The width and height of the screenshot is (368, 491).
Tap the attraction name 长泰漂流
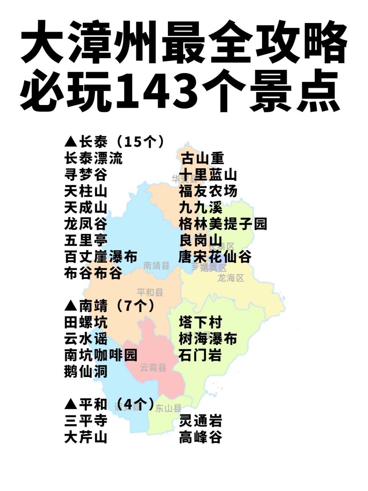tap(94, 158)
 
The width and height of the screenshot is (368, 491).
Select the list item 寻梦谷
tap(86, 175)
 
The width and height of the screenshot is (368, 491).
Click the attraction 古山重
tap(202, 158)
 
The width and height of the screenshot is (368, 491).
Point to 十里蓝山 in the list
tap(208, 175)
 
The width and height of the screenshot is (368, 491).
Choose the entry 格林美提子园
tap(223, 224)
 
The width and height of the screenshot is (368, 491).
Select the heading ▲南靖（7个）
tap(110, 306)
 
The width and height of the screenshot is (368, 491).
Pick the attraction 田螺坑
tap(86, 322)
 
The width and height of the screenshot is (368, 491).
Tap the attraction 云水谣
tap(86, 339)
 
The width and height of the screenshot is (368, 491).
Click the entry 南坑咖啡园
tap(101, 355)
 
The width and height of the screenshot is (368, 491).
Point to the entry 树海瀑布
tap(208, 339)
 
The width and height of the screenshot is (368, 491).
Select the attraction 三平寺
tap(86, 421)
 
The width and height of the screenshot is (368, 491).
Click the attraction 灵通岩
tap(200, 421)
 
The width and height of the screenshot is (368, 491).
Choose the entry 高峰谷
tap(200, 437)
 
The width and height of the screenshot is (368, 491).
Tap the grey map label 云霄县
tap(153, 367)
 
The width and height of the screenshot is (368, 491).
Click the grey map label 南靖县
tap(156, 265)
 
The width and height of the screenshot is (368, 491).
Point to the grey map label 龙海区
tap(231, 278)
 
